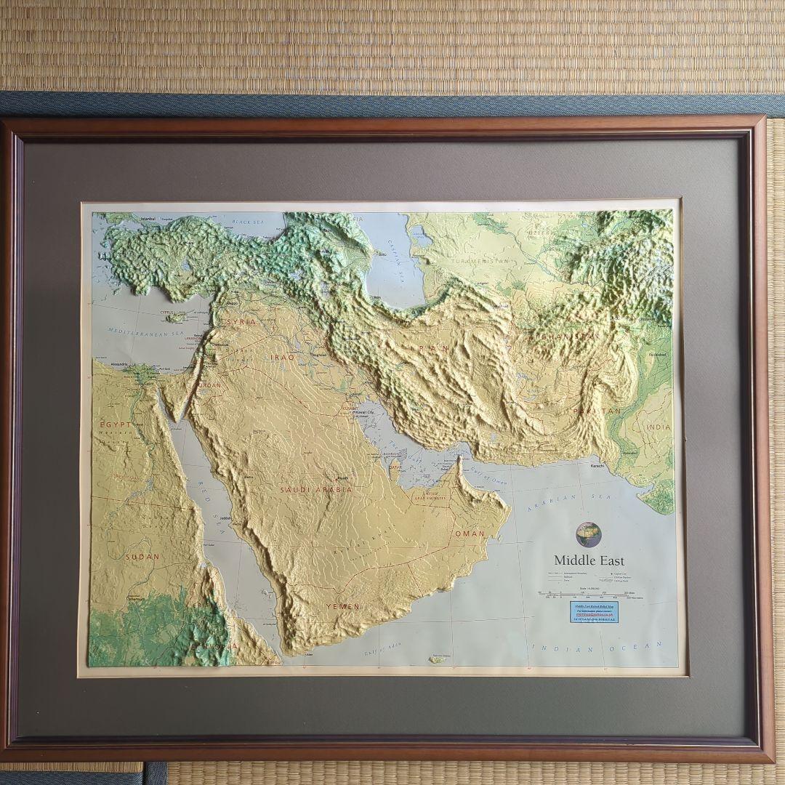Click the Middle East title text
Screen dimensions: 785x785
589,560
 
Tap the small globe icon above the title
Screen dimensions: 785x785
588,534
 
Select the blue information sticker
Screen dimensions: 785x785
601,612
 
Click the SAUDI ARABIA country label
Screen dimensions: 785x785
315,490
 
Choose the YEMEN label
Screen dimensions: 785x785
342,606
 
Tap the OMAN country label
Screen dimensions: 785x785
469,534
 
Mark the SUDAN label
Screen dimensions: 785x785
142,557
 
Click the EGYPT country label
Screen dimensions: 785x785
116,424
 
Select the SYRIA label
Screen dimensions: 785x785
241,321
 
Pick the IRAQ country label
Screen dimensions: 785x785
283,358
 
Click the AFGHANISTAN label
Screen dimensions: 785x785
564,337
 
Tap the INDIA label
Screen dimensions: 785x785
658,427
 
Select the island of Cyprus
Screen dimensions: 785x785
178,318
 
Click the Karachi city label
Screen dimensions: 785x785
597,464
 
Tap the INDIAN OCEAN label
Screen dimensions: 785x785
597,647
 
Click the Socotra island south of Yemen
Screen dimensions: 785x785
438,659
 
